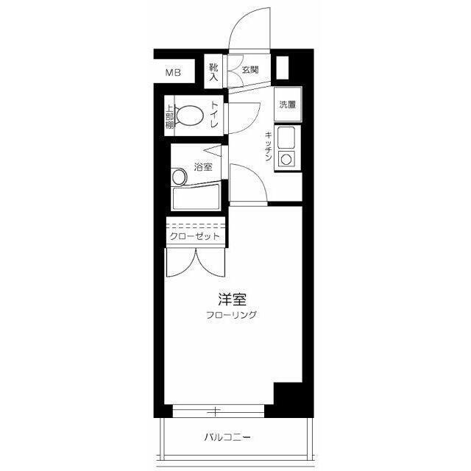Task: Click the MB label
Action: (172, 72)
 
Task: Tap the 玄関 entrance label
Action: (250, 71)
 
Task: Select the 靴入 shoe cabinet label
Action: (213, 71)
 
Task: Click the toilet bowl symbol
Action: (190, 116)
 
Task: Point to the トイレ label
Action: (215, 116)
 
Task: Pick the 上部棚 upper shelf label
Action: (169, 116)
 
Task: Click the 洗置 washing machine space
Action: (287, 104)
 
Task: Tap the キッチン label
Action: (269, 146)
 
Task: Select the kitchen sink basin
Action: (286, 136)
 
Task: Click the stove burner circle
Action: (286, 157)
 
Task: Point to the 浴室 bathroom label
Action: (203, 167)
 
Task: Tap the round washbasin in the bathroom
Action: (180, 177)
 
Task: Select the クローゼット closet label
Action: (194, 236)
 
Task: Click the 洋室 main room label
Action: (232, 300)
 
